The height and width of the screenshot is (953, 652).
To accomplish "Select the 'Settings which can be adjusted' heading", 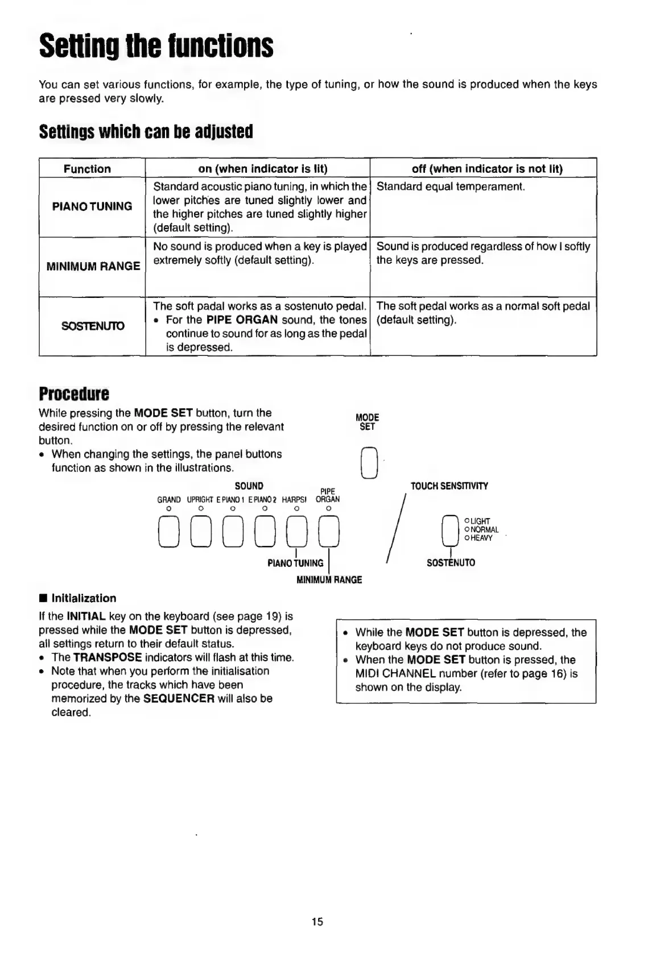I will click(146, 132).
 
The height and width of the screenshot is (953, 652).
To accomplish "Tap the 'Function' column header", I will click(87, 169).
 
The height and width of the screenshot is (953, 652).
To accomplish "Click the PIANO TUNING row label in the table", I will click(92, 206).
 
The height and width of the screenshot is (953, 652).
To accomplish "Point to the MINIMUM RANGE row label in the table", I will click(93, 266).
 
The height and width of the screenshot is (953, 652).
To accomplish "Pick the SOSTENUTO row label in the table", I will click(93, 326).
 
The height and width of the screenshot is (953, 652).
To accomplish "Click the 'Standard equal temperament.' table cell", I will click(451, 187).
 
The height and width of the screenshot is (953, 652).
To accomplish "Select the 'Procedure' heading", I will click(74, 393).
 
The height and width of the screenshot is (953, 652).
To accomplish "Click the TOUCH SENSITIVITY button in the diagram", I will click(450, 530).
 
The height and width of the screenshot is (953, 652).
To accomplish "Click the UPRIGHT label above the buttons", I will click(199, 500).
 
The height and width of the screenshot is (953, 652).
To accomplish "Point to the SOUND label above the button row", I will click(249, 486).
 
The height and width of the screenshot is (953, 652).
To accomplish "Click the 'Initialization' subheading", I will click(84, 598).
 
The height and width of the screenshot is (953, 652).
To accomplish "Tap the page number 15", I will click(317, 922).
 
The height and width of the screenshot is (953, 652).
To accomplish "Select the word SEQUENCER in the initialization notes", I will click(179, 699).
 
